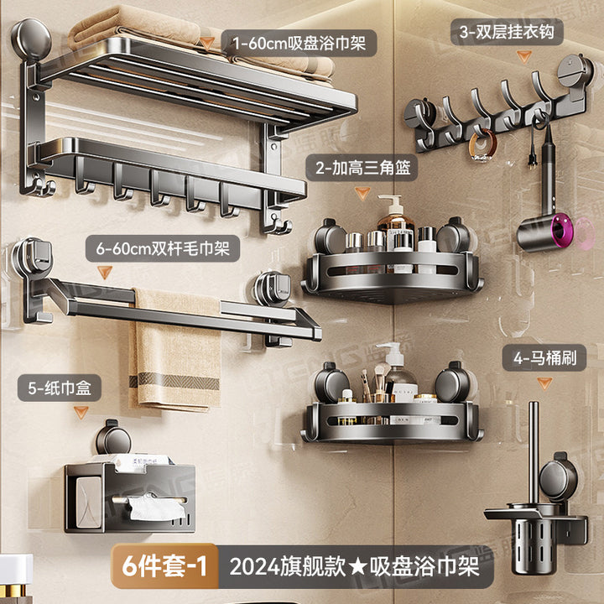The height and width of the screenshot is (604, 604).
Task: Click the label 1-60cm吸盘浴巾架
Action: point(299,43)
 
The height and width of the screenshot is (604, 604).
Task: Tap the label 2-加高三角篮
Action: point(363,168)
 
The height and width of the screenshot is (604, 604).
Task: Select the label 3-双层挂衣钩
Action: point(507,32)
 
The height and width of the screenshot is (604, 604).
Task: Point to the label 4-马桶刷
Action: point(544,358)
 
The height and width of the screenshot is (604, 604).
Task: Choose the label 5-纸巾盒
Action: point(60,388)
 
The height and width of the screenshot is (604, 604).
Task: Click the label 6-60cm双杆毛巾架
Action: point(163,248)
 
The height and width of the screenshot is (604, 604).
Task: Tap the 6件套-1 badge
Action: point(164,566)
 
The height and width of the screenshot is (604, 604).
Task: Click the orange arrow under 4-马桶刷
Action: point(544,383)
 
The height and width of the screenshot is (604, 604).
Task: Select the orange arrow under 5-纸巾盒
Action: point(81,412)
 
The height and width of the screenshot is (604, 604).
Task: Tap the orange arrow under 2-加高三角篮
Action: point(362,193)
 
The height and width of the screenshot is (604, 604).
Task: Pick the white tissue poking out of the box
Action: point(157,508)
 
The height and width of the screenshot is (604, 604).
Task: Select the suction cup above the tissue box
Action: point(113,438)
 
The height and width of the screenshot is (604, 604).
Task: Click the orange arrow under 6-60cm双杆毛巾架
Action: point(104,272)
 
